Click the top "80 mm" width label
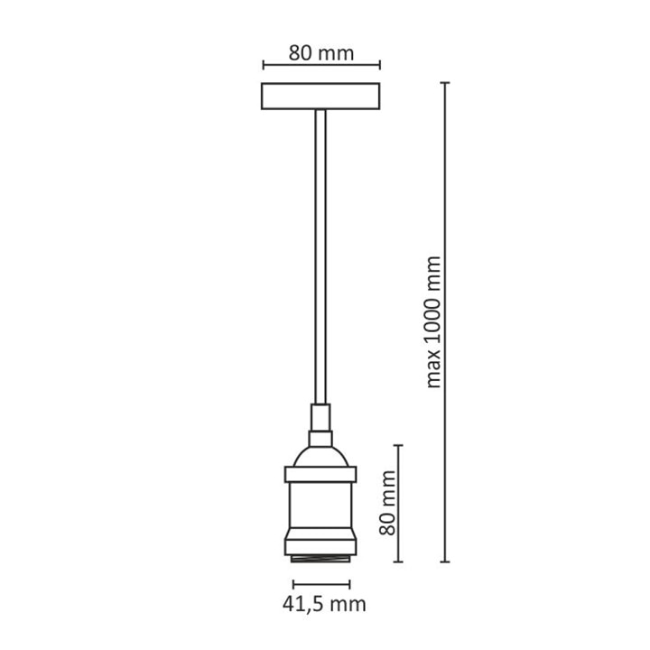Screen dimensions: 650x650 click(321, 51)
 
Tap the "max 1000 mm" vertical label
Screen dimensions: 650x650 click(434, 320)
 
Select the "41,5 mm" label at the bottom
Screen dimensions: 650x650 click(321, 603)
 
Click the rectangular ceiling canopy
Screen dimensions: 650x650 click(321, 97)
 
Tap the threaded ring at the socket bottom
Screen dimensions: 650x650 click(320, 560)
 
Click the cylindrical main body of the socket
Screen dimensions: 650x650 click(320, 507)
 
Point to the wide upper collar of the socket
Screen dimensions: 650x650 click(320, 475)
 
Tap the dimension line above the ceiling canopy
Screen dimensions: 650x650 click(321, 65)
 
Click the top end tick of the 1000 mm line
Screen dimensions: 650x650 click(444, 83)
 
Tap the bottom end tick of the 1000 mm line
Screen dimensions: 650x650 click(444, 562)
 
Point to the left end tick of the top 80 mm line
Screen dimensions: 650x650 click(263, 65)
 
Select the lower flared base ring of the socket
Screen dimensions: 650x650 click(320, 543)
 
